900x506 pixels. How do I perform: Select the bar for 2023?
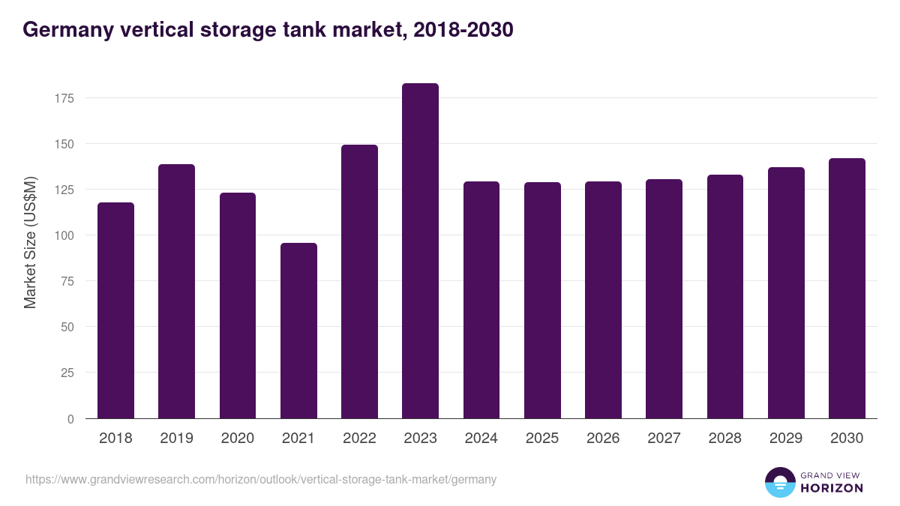pyautogui.click(x=420, y=251)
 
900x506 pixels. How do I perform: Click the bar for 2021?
pyautogui.click(x=298, y=331)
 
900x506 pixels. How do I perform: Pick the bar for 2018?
pyautogui.click(x=115, y=310)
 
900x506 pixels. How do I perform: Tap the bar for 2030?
pyautogui.click(x=847, y=289)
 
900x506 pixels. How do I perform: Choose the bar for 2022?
pyautogui.click(x=359, y=282)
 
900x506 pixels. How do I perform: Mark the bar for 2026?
pyautogui.click(x=603, y=300)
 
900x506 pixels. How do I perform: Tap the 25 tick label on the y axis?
pyautogui.click(x=67, y=373)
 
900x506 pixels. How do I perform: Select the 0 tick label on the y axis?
pyautogui.click(x=70, y=419)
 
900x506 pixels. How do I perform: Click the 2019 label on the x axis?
pyautogui.click(x=176, y=439)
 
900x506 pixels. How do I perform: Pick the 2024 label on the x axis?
pyautogui.click(x=481, y=439)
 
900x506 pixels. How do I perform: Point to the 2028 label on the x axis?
pyautogui.click(x=724, y=439)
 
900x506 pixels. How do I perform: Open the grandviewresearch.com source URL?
pyautogui.click(x=261, y=479)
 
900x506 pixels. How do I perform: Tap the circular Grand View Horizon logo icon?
pyautogui.click(x=779, y=482)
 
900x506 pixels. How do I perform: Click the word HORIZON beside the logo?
pyautogui.click(x=831, y=488)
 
